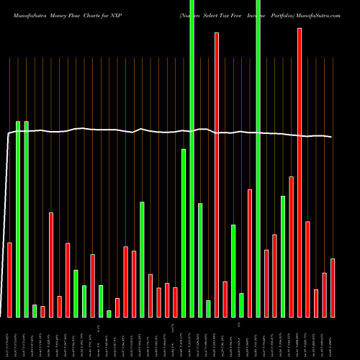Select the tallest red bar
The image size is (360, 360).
click(x=300, y=173)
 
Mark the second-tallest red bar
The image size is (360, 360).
click(x=217, y=175)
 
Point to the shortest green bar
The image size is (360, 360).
click(x=109, y=314)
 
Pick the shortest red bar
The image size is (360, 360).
click(x=42, y=312)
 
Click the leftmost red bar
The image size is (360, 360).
click(x=9, y=280)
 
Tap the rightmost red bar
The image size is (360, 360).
click(x=333, y=288)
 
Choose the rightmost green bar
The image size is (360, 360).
click(x=283, y=256)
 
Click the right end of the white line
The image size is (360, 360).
click(x=332, y=137)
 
